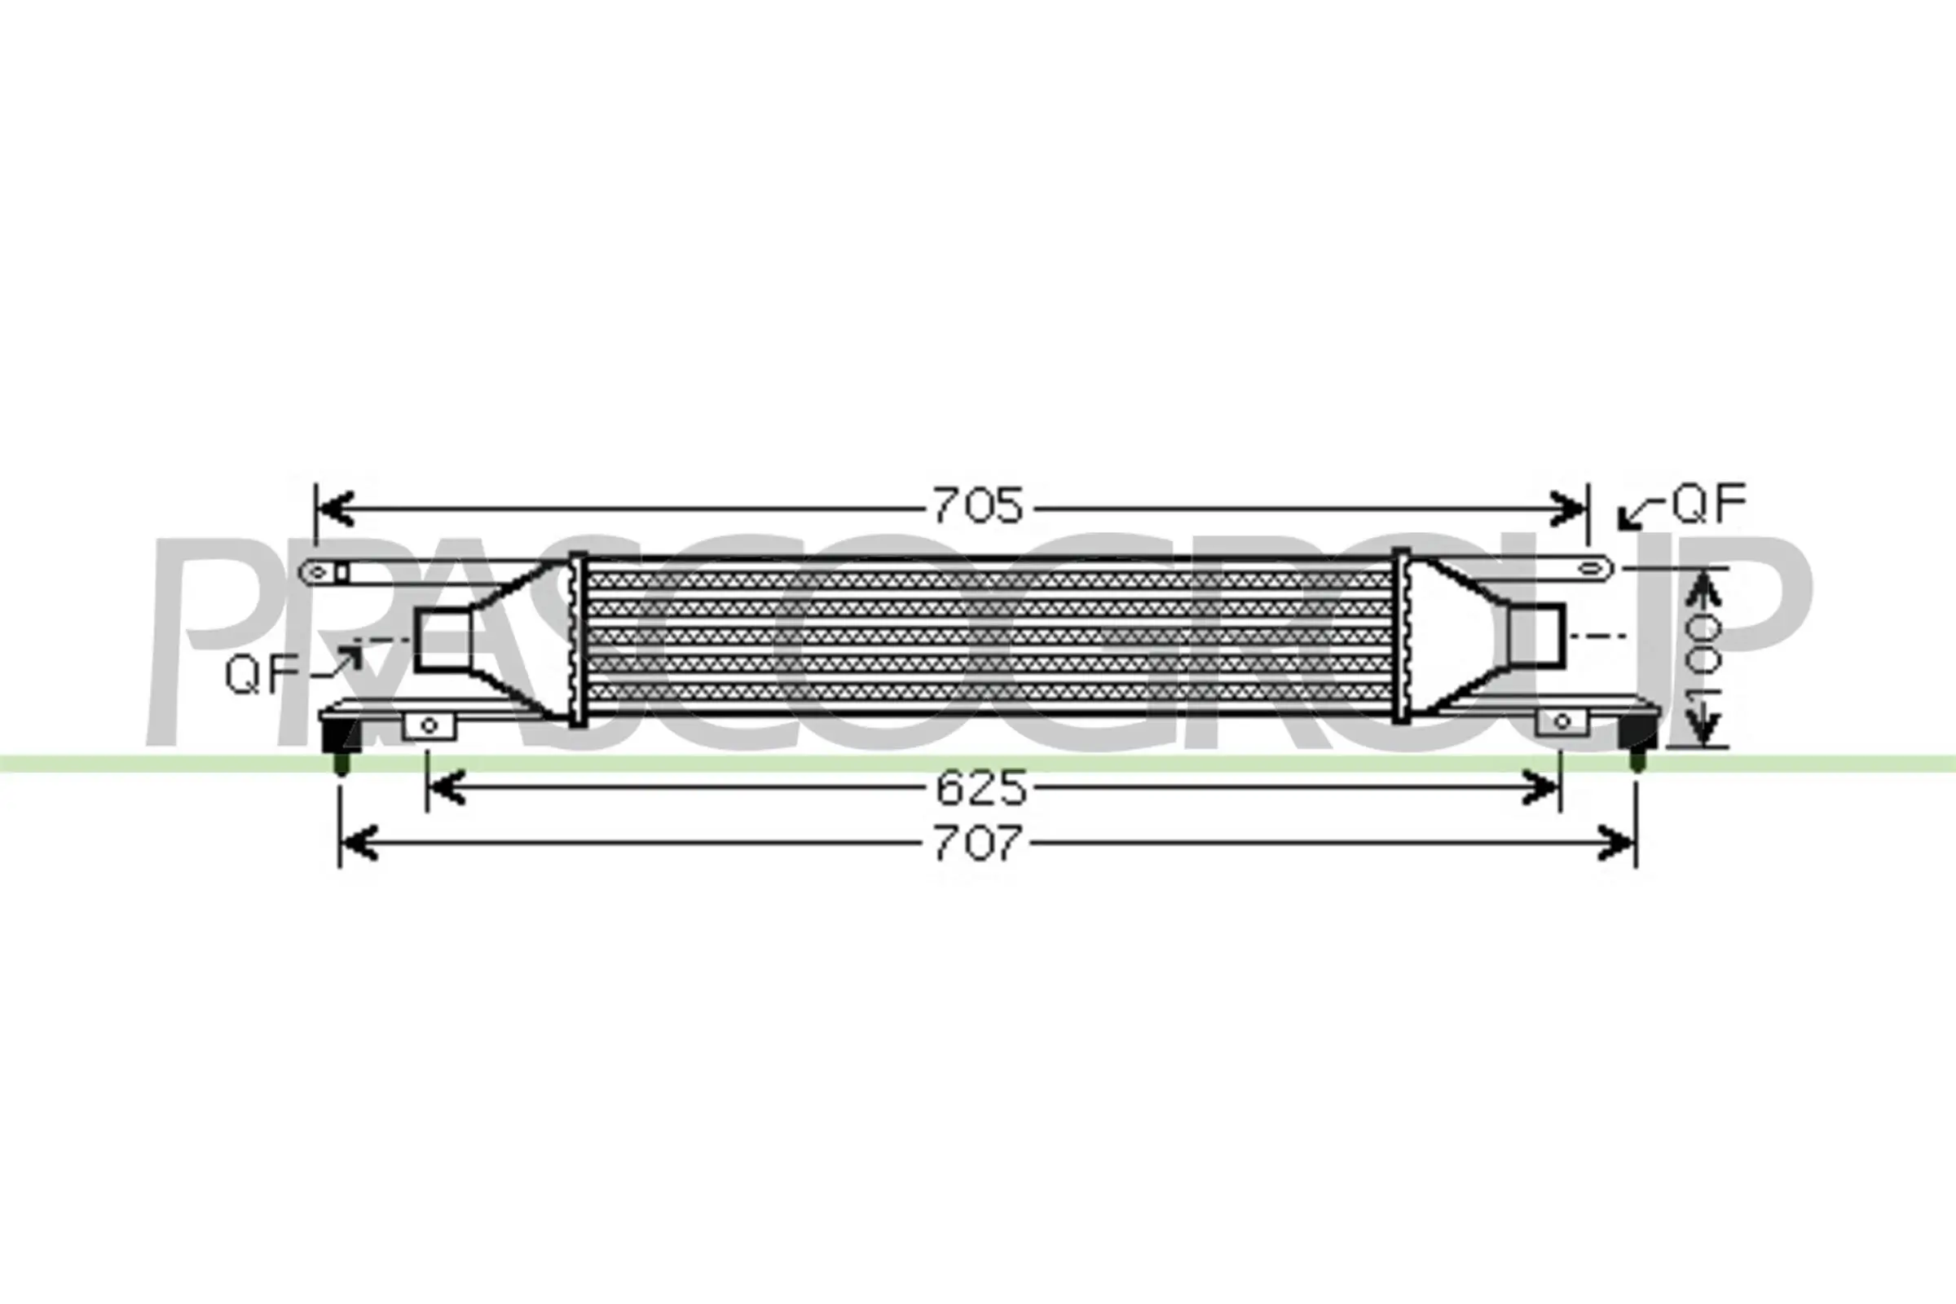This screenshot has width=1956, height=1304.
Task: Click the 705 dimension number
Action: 978,506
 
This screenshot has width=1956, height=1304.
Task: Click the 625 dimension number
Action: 981,788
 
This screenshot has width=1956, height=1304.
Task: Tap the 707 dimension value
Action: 978,844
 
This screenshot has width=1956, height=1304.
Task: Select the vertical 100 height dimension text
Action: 1703,656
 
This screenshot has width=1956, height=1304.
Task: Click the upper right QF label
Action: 1709,504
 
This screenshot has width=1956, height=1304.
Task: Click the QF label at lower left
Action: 261,674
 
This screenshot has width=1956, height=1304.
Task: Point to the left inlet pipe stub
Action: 443,640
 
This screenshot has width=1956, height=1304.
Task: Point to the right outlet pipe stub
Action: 1538,634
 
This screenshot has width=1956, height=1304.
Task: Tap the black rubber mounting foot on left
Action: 339,737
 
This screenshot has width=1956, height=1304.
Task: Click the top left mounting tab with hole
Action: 326,572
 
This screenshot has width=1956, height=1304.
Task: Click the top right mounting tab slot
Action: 1590,569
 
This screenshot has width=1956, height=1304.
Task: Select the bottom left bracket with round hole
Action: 430,725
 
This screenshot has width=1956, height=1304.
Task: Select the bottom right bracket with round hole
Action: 1562,721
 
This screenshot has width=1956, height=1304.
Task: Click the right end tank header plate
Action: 1402,637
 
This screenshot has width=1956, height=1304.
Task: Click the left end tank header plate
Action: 577,639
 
